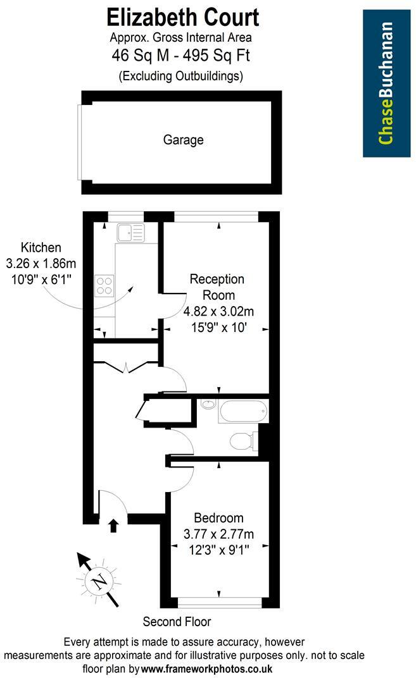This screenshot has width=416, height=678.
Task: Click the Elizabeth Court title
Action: [x=183, y=16]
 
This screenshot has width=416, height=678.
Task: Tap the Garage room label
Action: [x=184, y=140]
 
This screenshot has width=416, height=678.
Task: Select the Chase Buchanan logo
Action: [x=386, y=83]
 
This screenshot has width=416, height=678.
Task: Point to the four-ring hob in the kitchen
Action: [x=104, y=287]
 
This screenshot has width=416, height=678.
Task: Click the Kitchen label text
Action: [x=41, y=247]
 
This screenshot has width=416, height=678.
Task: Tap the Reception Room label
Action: [x=217, y=287]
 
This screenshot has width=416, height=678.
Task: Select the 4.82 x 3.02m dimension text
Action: [x=218, y=311]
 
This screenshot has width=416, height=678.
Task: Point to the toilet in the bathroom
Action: [x=244, y=440]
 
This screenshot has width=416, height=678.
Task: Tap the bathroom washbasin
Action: [x=208, y=404]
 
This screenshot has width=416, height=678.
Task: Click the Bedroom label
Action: [x=218, y=518]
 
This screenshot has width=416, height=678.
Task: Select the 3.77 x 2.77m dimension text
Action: [x=218, y=534]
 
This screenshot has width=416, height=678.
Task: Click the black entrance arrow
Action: [x=113, y=525]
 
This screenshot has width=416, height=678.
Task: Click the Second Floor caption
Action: [x=177, y=622]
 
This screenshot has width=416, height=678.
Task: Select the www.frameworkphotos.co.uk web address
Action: [x=206, y=669]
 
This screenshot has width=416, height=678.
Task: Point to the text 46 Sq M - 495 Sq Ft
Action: [x=181, y=56]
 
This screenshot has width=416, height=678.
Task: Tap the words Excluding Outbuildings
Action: [x=181, y=77]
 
